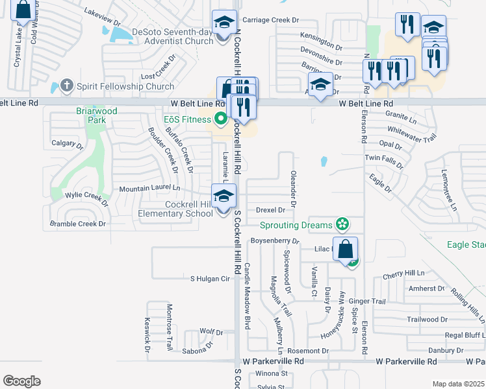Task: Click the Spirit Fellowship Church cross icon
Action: click(66, 85)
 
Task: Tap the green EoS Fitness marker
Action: click(220, 119)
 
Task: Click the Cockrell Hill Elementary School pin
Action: click(224, 196)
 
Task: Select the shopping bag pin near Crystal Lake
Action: click(23, 10)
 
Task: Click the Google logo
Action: click(21, 381)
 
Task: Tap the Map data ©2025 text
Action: click(457, 384)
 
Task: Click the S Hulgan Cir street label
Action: click(211, 279)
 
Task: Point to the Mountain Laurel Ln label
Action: click(149, 189)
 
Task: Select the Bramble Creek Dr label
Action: click(78, 224)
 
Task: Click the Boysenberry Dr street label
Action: click(274, 241)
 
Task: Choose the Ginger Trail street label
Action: click(367, 301)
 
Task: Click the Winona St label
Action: click(271, 373)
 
